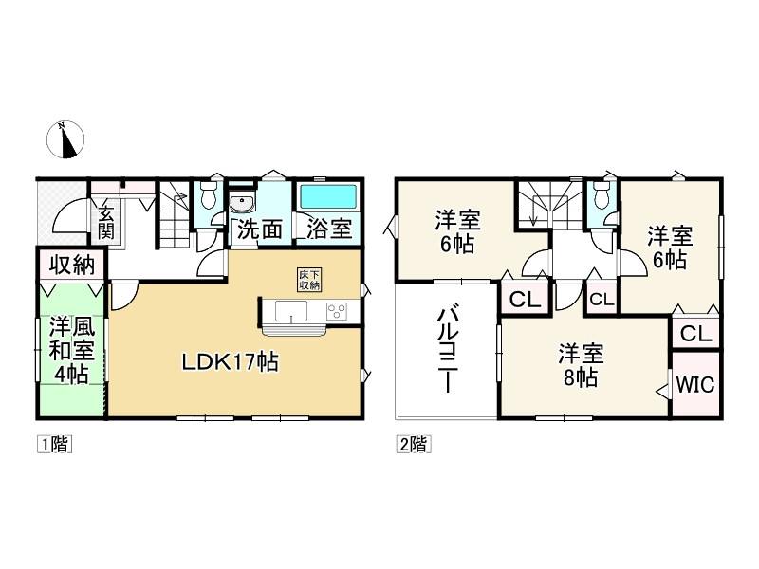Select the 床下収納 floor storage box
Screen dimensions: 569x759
pos(310,280)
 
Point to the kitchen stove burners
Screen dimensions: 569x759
pos(338,311)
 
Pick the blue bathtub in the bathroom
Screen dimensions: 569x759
pos(328,198)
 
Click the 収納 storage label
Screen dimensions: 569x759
pos(71,265)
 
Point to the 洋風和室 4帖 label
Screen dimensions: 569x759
pos(71,349)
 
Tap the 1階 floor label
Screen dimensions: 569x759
pos(55,443)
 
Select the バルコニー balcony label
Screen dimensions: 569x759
pos(447,348)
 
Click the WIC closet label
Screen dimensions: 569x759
pos(695,386)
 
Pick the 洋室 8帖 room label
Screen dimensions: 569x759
pos(579,366)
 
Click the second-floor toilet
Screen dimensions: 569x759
pos(600,198)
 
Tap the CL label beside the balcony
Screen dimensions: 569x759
pos(525,300)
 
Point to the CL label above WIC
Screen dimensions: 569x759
pos(695,333)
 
